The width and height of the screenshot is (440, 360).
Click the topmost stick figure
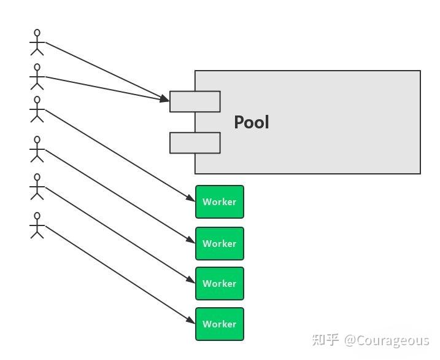(x=37, y=42)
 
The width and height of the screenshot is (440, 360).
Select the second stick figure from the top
(x=37, y=77)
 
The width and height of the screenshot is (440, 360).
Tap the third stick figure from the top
(x=37, y=109)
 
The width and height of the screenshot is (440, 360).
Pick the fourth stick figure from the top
(x=37, y=149)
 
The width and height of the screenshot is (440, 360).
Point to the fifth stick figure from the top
(x=37, y=187)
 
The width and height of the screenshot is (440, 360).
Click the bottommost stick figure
(x=37, y=225)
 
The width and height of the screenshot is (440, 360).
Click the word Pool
(x=251, y=122)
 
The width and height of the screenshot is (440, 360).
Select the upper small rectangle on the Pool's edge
(x=195, y=101)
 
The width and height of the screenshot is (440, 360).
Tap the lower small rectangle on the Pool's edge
(x=195, y=143)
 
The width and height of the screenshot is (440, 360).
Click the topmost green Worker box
(x=219, y=202)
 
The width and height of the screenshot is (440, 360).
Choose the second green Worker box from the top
(x=219, y=243)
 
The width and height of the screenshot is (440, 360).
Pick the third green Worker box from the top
(x=219, y=283)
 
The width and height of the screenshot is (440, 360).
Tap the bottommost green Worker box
(x=219, y=324)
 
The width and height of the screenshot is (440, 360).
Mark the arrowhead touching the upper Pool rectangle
(x=165, y=98)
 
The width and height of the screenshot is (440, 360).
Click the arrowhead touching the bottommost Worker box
(x=191, y=321)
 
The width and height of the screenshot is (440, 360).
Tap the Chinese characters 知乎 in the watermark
(x=325, y=340)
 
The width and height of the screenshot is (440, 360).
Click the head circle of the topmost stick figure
(x=37, y=32)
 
